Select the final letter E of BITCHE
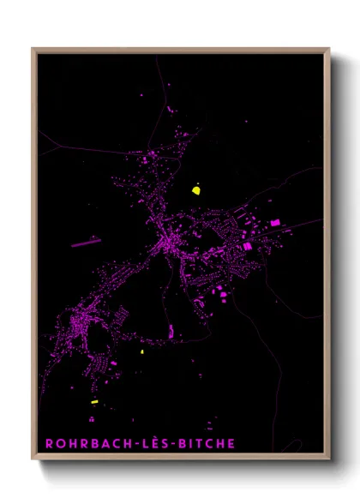coord(231,443)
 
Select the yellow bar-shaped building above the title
coord(95,401)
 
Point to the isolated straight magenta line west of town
coord(87,243)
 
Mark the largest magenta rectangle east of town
coord(275,223)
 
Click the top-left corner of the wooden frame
coord(33,49)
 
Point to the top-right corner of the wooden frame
coord(329,49)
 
